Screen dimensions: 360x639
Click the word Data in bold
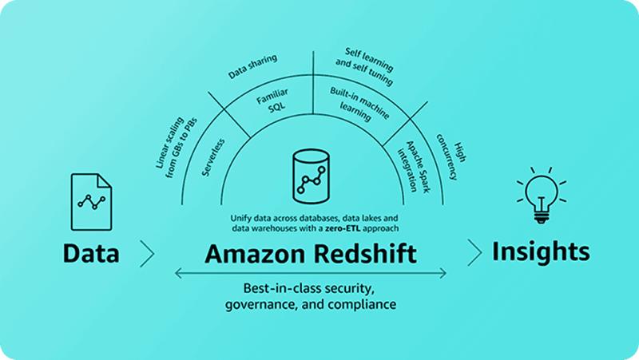tap(91, 253)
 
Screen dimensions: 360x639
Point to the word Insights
tap(540, 251)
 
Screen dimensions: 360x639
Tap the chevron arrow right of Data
tap(146, 253)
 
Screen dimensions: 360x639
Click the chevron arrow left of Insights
tap(474, 252)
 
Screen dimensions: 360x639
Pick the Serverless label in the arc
tap(214, 156)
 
